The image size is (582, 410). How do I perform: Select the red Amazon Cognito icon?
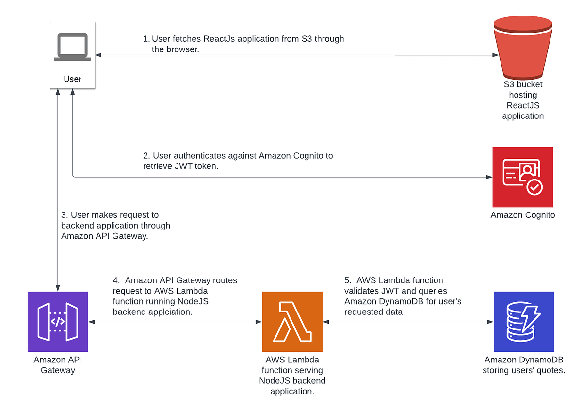523,177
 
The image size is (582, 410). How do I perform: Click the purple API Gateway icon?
58,322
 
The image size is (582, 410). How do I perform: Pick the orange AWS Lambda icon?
292,322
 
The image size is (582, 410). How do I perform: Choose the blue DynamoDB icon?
524,322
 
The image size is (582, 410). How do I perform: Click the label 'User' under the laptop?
72,79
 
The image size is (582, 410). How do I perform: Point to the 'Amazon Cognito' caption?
523,215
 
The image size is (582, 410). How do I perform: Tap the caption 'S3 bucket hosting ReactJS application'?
523,100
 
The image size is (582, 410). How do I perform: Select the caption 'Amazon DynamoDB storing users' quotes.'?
524,365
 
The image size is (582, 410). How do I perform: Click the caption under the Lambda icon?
292,375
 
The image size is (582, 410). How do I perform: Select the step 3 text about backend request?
115,225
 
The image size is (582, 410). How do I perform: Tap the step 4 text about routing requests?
175,296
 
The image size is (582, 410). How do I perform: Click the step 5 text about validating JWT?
403,295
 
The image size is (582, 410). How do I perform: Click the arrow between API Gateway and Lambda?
175,322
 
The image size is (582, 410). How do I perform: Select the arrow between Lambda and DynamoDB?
407,322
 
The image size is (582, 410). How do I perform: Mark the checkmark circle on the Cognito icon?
534,187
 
